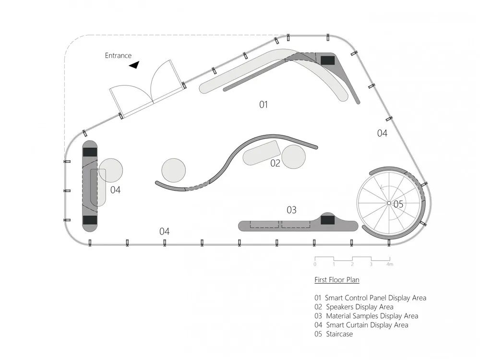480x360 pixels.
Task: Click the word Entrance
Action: [x=118, y=56]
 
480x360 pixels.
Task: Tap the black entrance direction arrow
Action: [x=134, y=65]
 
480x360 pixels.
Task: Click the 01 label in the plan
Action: [x=264, y=104]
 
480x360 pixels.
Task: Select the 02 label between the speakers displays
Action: [x=275, y=163]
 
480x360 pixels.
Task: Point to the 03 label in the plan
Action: [x=291, y=210]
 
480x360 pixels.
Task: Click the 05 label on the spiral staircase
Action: [x=398, y=204]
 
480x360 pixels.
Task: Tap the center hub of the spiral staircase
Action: [x=389, y=203]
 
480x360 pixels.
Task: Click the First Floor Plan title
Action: [x=336, y=279]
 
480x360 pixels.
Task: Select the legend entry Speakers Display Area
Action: [x=360, y=307]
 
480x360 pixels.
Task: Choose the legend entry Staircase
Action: [x=339, y=334]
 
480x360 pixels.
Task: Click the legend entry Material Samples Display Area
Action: [x=372, y=316]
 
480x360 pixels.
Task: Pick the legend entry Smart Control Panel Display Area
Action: [x=375, y=298]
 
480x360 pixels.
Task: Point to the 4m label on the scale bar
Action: [x=390, y=264]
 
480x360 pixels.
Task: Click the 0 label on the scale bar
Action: [x=315, y=264]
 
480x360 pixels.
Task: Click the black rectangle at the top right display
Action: [x=328, y=60]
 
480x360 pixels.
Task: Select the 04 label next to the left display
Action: [x=115, y=190]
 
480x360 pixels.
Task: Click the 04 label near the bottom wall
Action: [x=164, y=231]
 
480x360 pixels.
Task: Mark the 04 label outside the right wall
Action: [x=382, y=133]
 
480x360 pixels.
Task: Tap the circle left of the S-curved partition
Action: [x=174, y=170]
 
